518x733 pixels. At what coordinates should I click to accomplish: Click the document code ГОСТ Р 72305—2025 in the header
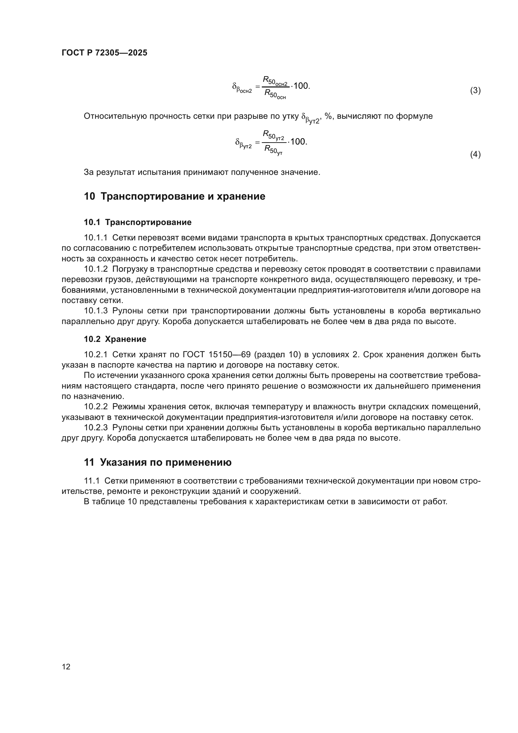[x=104, y=53]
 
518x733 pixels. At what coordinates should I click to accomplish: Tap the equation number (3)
[x=475, y=91]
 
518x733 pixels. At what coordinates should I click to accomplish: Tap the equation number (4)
[x=475, y=154]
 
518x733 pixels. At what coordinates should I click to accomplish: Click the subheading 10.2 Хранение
[x=115, y=339]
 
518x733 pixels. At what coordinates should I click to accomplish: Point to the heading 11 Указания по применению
[x=158, y=462]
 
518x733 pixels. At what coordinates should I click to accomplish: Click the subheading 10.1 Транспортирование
[x=137, y=222]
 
